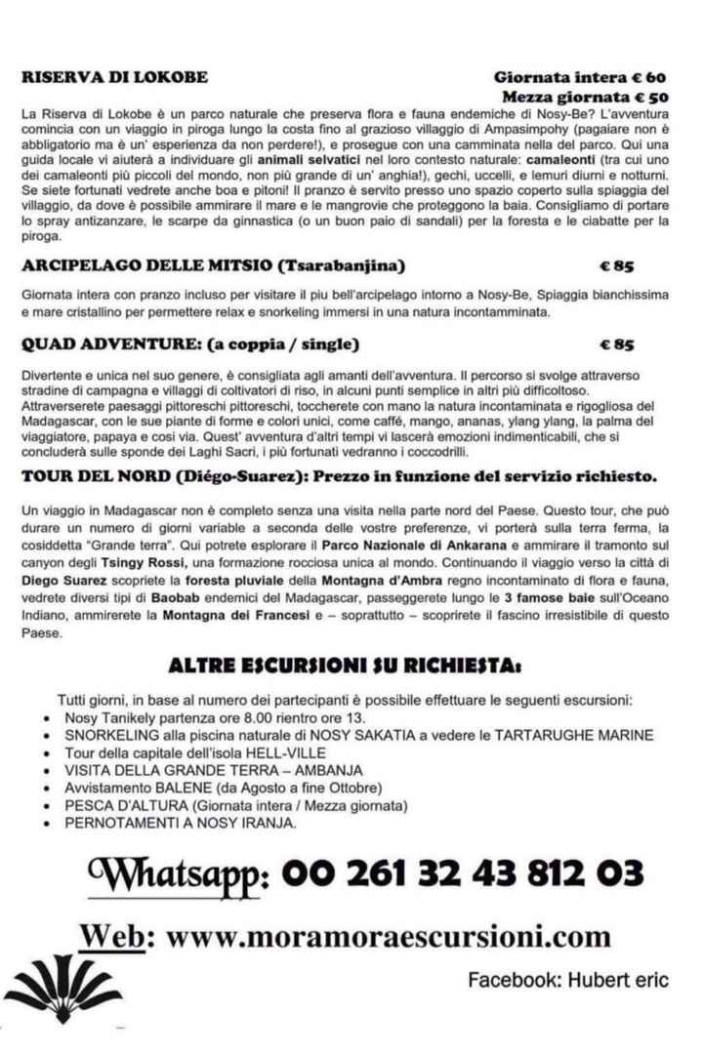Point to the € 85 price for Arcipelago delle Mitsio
coord(617,265)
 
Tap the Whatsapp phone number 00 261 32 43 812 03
coord(463,869)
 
